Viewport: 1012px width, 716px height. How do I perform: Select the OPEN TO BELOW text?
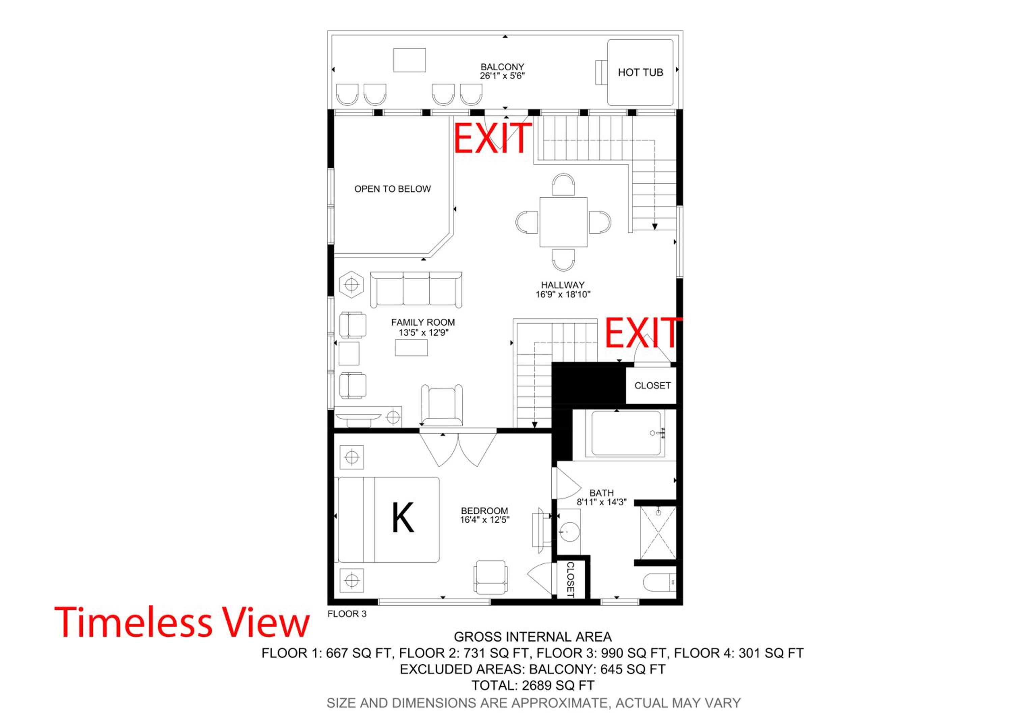pyautogui.click(x=392, y=189)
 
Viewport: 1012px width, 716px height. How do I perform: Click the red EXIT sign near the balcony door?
pyautogui.click(x=493, y=138)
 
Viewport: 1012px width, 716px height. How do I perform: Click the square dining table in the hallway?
pyautogui.click(x=563, y=222)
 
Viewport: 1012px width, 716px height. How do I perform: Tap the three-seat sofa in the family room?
pyautogui.click(x=416, y=289)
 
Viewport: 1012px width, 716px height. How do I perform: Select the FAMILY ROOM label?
pyautogui.click(x=423, y=323)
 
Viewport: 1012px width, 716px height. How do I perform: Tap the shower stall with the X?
pyautogui.click(x=657, y=533)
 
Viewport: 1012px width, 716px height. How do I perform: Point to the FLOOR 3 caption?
pyautogui.click(x=347, y=614)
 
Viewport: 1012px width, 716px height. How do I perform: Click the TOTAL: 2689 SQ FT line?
pyautogui.click(x=533, y=685)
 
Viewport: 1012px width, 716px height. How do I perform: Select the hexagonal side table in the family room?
pyautogui.click(x=351, y=285)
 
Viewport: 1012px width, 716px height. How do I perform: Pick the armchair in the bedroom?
pyautogui.click(x=490, y=577)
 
